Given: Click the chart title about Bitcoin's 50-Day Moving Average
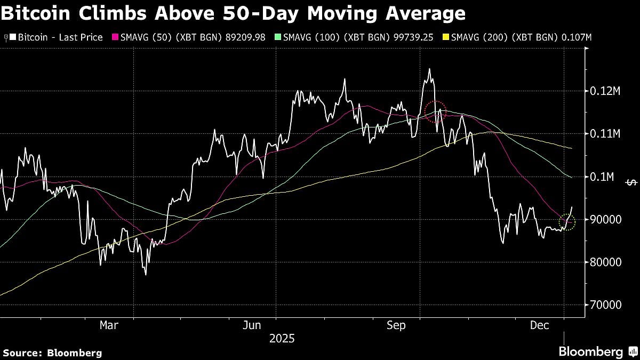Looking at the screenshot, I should click(x=233, y=13).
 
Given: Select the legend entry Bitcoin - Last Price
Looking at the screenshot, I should click(x=56, y=38).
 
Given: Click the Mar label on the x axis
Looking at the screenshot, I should click(x=109, y=325).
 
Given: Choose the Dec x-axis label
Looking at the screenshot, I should click(x=540, y=325).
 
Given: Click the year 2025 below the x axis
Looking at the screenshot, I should click(x=282, y=338).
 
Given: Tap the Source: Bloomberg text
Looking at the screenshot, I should click(x=52, y=353).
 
